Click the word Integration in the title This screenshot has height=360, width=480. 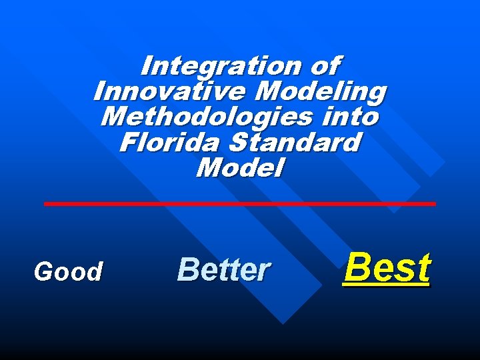click(x=217, y=67)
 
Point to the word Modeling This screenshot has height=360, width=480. click(x=321, y=91)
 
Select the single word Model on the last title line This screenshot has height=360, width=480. click(x=240, y=167)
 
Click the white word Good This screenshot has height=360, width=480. click(x=69, y=272)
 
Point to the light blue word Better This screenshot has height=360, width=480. click(x=224, y=270)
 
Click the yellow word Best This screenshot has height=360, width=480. click(x=387, y=268)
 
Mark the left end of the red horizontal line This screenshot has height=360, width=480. click(x=46, y=203)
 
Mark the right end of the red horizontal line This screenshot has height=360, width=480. click(x=434, y=203)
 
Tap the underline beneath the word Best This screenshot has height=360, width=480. click(x=387, y=285)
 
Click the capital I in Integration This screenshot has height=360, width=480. click(x=147, y=67)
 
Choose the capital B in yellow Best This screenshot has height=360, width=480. click(x=355, y=268)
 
